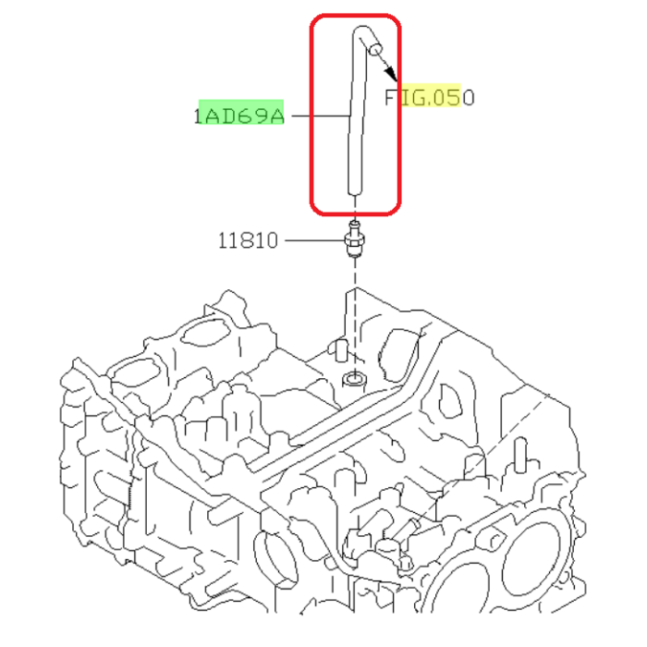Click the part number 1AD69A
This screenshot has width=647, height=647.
(x=239, y=116)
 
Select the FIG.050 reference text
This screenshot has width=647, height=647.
(x=430, y=96)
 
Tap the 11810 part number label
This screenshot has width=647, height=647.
(x=248, y=241)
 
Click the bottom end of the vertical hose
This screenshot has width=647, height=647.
(x=353, y=190)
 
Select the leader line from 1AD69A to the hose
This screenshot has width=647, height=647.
(x=317, y=116)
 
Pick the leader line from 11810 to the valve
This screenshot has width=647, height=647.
(x=312, y=241)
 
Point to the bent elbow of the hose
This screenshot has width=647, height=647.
(x=358, y=35)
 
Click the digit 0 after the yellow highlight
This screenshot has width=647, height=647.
(x=468, y=96)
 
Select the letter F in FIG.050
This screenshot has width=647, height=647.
(x=392, y=96)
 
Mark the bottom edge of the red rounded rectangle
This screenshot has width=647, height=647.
(x=355, y=211)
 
